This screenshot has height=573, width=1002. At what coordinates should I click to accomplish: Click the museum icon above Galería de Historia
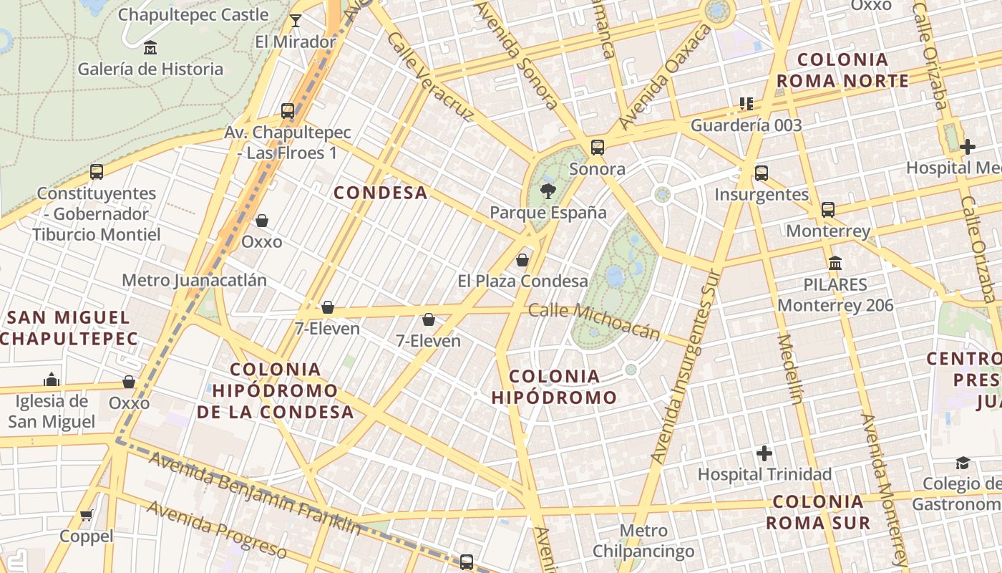(x=150, y=48)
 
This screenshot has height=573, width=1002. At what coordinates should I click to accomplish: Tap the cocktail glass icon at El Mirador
(x=295, y=21)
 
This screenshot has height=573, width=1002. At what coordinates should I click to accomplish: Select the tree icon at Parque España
(x=548, y=191)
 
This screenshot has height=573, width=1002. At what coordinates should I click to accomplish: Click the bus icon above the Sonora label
(x=597, y=148)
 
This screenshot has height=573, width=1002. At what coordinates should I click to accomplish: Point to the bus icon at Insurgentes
(x=761, y=173)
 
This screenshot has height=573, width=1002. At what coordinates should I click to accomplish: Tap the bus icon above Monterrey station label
(x=827, y=209)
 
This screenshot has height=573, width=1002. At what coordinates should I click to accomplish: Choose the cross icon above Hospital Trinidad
(x=764, y=453)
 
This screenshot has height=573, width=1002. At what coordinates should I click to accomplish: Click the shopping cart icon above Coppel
(x=87, y=515)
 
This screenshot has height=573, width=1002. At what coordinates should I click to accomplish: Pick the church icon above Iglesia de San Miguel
(x=51, y=379)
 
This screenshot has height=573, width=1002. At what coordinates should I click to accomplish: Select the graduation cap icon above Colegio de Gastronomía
(x=963, y=463)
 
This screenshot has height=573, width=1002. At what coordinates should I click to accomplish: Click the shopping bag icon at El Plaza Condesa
(x=522, y=259)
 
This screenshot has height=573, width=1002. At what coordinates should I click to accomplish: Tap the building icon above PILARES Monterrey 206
(x=835, y=263)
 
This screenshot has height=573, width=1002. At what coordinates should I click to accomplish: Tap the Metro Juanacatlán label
(x=194, y=280)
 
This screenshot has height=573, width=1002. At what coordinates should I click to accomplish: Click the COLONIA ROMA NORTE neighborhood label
(x=842, y=70)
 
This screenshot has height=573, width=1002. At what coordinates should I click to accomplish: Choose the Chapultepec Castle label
(x=193, y=14)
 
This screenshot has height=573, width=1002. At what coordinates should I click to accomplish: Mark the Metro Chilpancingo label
(x=643, y=541)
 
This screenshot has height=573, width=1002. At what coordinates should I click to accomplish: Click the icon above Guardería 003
(x=746, y=104)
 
